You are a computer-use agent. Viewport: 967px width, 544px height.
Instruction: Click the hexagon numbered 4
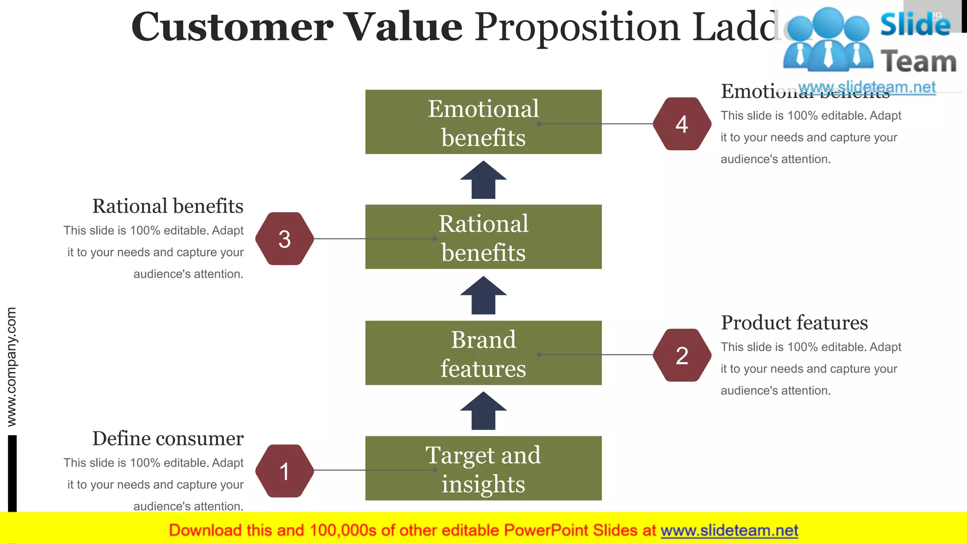[x=682, y=124]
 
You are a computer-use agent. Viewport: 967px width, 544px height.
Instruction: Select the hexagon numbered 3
[x=284, y=239]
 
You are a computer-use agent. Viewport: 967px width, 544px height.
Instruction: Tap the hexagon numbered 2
[x=682, y=355]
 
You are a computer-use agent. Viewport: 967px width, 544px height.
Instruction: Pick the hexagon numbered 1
[x=284, y=471]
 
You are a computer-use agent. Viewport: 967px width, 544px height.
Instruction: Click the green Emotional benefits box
[x=483, y=122]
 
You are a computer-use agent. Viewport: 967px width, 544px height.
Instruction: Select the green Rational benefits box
[x=483, y=237]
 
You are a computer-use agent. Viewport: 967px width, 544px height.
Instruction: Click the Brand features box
[x=483, y=353]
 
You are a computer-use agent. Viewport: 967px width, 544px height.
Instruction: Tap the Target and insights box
[x=483, y=468]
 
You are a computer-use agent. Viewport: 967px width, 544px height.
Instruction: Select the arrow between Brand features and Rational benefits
[x=483, y=296]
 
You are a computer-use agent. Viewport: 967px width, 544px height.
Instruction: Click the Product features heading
[x=794, y=323]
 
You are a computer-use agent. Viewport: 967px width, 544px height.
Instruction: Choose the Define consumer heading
[x=168, y=439]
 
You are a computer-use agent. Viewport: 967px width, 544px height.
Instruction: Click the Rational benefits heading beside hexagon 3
[x=168, y=206]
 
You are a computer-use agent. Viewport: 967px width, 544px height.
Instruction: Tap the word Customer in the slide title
[x=232, y=27]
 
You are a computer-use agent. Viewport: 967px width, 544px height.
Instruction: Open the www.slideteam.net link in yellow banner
[x=729, y=531]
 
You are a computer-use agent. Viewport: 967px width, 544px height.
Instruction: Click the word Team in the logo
[x=918, y=62]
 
